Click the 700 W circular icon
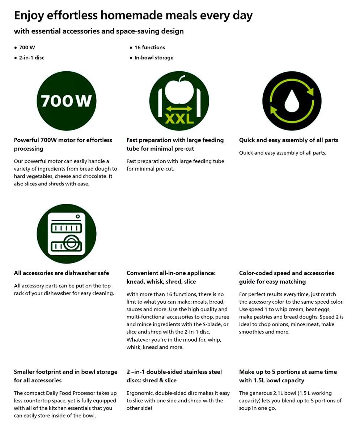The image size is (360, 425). (67, 101)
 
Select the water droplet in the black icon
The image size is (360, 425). (292, 102)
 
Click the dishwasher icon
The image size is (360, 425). (67, 233)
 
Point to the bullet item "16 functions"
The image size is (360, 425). (149, 47)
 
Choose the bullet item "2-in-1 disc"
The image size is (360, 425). (31, 58)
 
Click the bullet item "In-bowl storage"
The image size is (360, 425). (154, 58)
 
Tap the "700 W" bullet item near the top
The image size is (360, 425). (27, 47)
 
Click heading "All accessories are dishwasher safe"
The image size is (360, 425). (61, 273)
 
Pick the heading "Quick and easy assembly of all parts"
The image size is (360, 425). (288, 140)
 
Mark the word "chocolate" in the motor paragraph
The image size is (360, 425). (93, 176)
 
